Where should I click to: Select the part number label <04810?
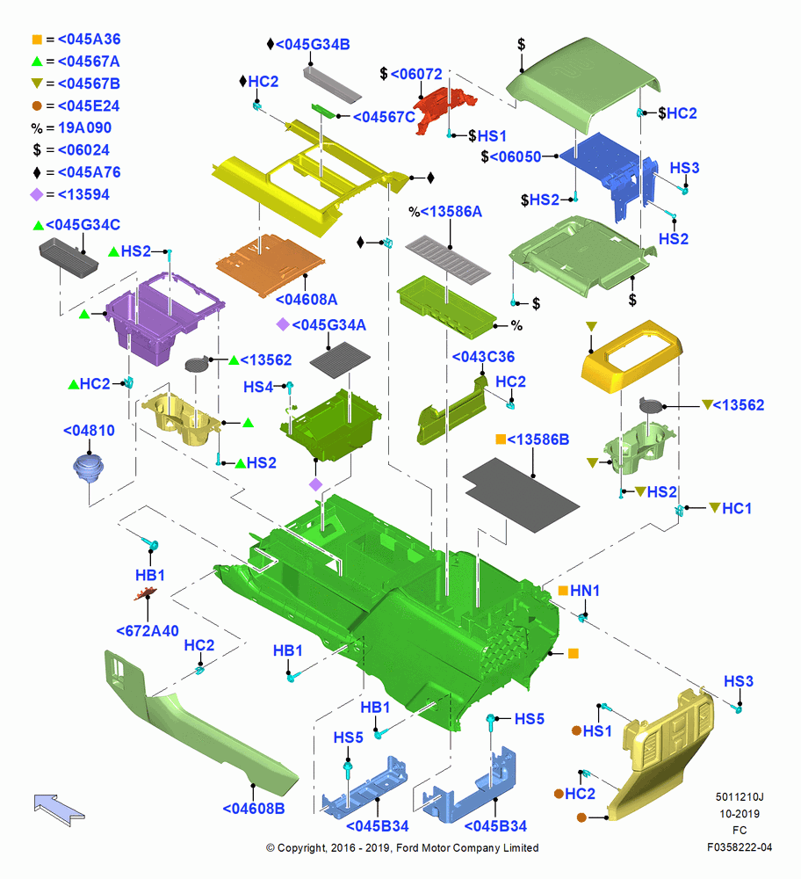[x=89, y=431]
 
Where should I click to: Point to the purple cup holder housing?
[x=162, y=316]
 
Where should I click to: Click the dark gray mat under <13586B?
[x=521, y=494]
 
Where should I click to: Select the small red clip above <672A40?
[x=145, y=593]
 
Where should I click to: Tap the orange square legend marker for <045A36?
[x=37, y=40]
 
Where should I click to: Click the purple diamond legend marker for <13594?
[x=36, y=194]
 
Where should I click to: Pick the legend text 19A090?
[x=84, y=127]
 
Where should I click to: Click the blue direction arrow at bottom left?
[x=59, y=810]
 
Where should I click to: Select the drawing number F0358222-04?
[x=740, y=847]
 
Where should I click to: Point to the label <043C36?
[x=483, y=357]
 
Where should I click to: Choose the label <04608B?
[x=254, y=809]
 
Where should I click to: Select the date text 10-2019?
[x=740, y=813]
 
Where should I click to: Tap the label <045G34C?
[x=83, y=225]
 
